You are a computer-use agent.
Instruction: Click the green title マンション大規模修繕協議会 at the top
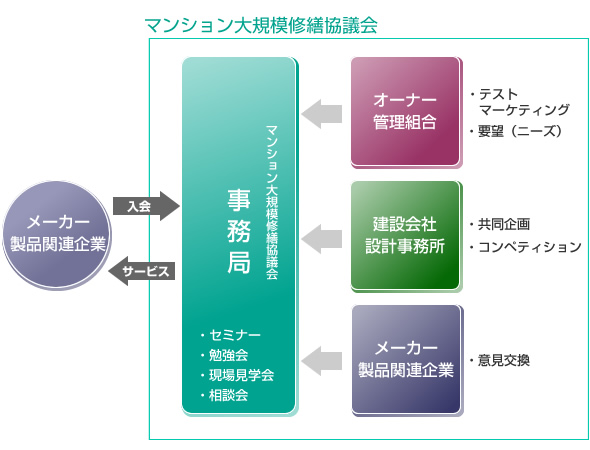pos(261,26)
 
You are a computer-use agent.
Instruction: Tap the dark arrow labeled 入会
pos(146,206)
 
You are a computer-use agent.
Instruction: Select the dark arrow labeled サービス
pos(142,271)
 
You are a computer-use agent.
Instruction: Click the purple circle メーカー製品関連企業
pos(57,235)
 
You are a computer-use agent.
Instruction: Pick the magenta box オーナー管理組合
pos(405,111)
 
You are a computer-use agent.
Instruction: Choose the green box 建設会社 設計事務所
pos(405,236)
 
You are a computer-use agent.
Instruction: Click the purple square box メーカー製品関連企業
pos(406,360)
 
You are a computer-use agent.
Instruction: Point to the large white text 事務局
pos(239,231)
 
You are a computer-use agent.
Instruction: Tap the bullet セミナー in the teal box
pos(231,335)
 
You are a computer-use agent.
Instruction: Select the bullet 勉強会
pos(225,355)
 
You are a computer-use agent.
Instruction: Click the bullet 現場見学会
pos(237,375)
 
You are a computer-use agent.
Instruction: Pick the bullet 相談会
pos(225,395)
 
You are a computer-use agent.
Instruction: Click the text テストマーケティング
pos(520,102)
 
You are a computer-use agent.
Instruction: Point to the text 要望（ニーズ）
pos(515,131)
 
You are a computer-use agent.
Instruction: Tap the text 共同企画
pos(500,224)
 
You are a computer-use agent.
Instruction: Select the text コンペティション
pos(525,247)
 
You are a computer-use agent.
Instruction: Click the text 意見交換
pos(500,360)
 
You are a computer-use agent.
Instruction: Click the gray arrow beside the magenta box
pos(322,114)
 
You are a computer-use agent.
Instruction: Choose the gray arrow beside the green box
pos(322,239)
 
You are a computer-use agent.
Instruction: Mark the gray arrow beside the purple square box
pos(322,361)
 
